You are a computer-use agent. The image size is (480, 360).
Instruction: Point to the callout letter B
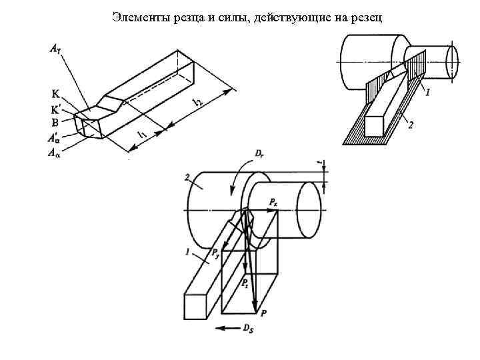pos(54,122)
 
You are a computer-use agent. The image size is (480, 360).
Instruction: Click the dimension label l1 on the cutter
pos(141,136)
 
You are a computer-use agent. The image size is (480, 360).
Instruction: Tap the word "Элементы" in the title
pos(137,16)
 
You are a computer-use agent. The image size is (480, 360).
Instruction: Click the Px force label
pos(274,201)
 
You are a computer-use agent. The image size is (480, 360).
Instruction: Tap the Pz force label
pos(246,283)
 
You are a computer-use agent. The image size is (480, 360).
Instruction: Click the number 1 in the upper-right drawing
pos(427,93)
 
